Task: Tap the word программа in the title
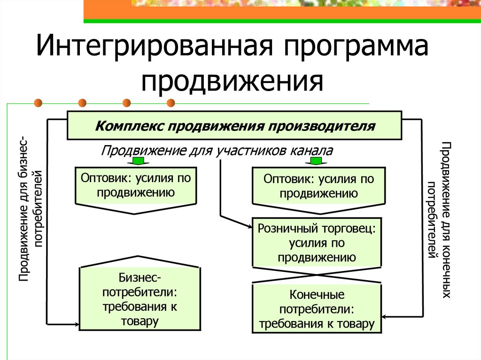point(342,49)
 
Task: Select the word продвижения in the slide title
point(234,81)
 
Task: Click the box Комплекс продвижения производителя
point(234,126)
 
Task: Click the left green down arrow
point(137,161)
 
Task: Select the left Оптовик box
point(136,188)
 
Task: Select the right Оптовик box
point(319,188)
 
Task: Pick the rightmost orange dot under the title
point(171,102)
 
